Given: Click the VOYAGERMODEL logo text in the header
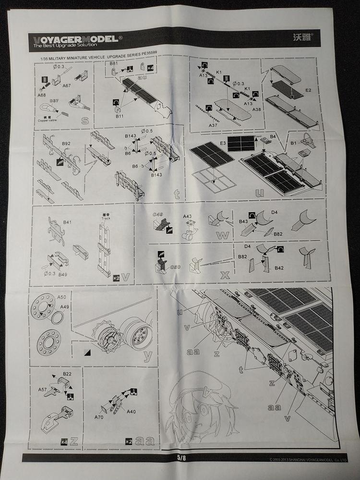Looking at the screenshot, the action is point(72,38).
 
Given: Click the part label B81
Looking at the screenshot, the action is point(114,63).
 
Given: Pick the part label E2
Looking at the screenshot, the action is point(309,90).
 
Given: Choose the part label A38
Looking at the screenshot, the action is point(258,109).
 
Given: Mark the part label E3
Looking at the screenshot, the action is point(223,143).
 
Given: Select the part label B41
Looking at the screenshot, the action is point(67,222).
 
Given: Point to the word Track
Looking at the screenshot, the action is point(106,218).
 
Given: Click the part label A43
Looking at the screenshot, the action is point(188,216).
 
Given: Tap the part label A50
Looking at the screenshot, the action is point(61,297).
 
